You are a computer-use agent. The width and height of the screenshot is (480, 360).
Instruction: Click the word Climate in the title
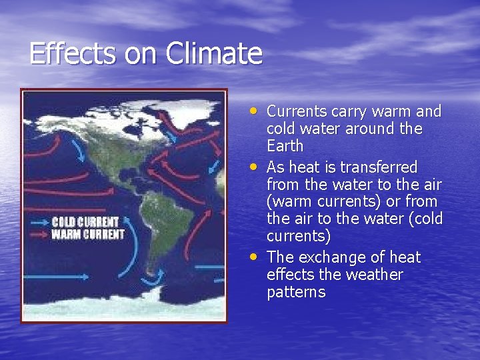click(x=215, y=53)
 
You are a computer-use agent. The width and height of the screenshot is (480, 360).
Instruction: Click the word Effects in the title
click(x=72, y=53)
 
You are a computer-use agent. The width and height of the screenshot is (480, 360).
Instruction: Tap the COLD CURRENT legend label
click(x=85, y=222)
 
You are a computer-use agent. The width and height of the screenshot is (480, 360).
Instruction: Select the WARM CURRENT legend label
click(x=87, y=234)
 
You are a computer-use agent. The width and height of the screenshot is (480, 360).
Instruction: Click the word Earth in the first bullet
click(x=285, y=146)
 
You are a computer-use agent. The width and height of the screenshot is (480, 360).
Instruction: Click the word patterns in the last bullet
click(x=296, y=293)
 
